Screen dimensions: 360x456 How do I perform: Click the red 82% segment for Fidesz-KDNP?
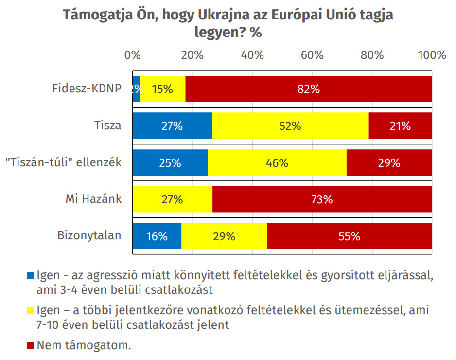tap(309, 89)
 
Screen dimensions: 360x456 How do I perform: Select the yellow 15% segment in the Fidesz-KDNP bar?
tap(162, 89)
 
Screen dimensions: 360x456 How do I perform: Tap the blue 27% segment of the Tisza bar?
tap(172, 126)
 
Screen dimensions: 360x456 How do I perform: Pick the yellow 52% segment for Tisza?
tap(290, 126)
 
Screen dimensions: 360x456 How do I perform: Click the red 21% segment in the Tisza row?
tap(400, 126)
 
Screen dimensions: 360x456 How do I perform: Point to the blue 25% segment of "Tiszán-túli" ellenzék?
tap(170, 163)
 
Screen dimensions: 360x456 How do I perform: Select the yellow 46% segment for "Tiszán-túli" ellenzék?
tap(277, 163)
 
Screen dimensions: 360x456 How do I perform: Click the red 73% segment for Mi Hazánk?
tap(322, 199)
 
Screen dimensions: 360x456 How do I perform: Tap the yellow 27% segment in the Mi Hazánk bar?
tap(172, 199)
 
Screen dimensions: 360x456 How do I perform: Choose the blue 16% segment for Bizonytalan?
tap(157, 236)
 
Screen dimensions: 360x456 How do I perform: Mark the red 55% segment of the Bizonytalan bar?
tap(349, 236)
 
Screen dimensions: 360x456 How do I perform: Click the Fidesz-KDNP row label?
tap(87, 89)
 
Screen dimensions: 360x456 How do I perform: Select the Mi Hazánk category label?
tap(93, 199)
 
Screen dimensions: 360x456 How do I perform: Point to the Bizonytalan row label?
tap(89, 236)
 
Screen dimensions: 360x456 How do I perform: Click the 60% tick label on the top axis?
tap(312, 55)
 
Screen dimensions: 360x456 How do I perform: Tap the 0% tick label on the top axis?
tap(132, 55)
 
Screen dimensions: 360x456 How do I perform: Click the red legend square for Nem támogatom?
tap(30, 346)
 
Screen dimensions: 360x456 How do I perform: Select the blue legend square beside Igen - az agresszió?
tap(30, 275)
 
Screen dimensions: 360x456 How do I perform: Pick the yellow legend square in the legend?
tap(30, 310)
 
